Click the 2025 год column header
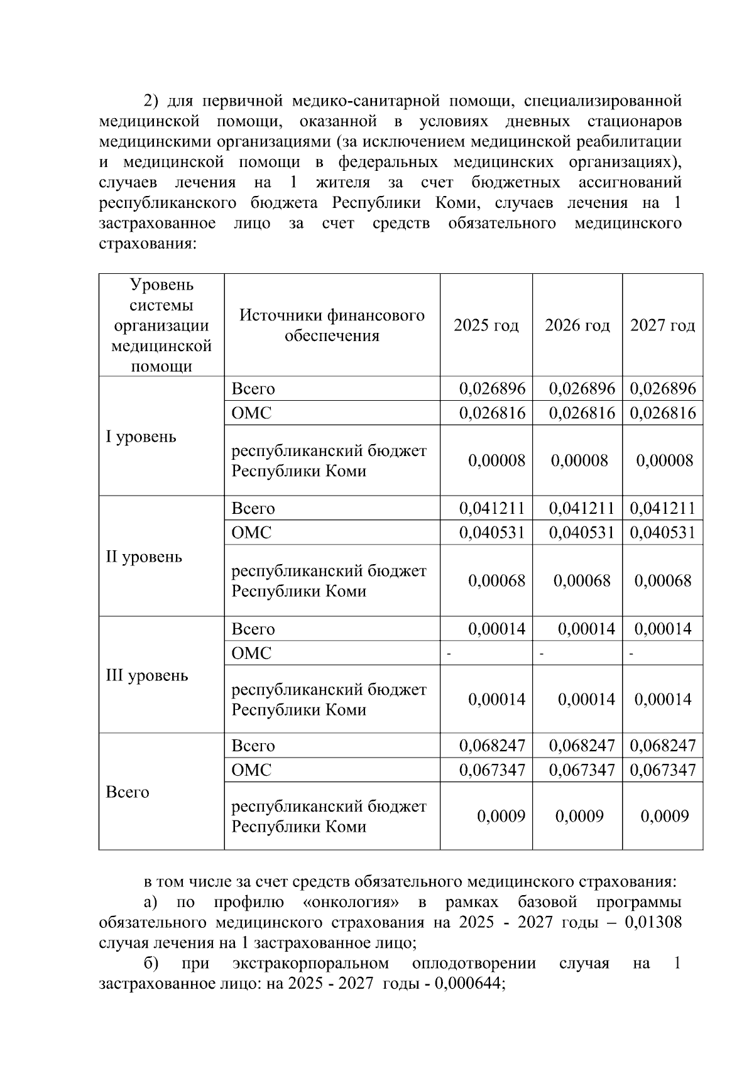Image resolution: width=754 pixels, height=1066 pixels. click(486, 325)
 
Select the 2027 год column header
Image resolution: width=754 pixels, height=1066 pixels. click(662, 325)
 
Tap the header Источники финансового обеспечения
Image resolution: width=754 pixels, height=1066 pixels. click(332, 325)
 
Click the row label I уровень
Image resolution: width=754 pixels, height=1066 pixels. click(141, 437)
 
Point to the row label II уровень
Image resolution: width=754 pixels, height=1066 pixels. click(144, 557)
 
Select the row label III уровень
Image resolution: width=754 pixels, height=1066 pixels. click(147, 675)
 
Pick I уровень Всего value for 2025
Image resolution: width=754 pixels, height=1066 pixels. click(492, 389)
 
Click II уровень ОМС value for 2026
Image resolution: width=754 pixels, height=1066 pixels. click(582, 533)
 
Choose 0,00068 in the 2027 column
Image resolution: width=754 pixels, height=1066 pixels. click(664, 580)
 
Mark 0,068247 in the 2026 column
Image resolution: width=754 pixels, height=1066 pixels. click(582, 746)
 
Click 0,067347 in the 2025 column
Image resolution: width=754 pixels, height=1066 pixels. click(492, 770)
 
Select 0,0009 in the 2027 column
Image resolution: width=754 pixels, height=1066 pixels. click(665, 816)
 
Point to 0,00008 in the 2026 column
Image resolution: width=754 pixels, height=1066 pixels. click(579, 461)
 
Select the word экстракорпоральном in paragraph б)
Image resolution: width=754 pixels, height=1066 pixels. click(310, 964)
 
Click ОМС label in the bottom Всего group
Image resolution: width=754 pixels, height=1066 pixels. click(251, 770)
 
